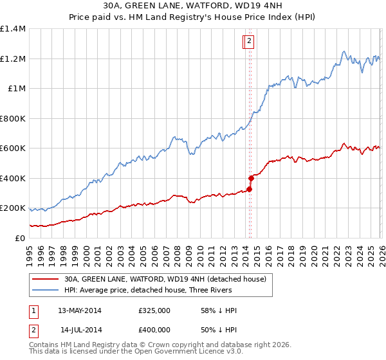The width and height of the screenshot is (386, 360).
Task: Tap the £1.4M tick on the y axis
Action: pos(13,29)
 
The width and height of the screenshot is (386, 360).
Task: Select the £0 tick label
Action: pos(21,239)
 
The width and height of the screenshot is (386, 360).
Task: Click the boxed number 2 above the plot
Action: pos(249,42)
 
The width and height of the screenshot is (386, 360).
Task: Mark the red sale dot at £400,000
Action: pos(250,178)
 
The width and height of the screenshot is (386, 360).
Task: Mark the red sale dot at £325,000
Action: pos(249,190)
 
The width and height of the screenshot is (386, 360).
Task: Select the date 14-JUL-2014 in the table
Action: pos(80,330)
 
